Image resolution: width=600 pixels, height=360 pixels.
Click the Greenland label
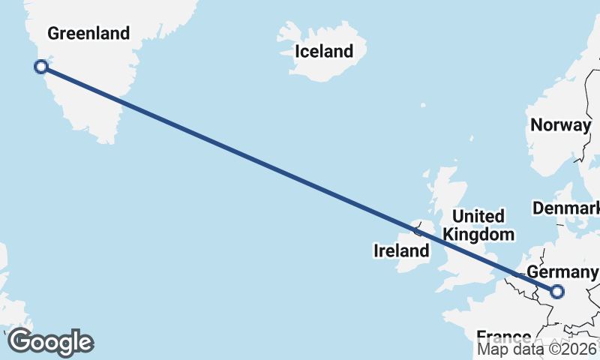(x=88, y=33)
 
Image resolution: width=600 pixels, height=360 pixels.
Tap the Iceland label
(x=324, y=52)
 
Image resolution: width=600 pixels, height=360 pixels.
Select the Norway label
(x=560, y=125)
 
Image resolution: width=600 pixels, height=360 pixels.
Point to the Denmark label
(x=567, y=207)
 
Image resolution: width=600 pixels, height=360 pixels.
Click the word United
(x=478, y=217)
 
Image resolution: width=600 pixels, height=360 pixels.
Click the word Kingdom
(x=478, y=234)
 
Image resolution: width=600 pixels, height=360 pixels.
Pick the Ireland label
(x=400, y=251)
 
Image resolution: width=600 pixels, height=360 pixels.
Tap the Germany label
(x=562, y=271)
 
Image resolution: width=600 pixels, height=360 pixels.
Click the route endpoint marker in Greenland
(x=41, y=67)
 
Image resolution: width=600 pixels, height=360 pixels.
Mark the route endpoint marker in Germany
(x=557, y=292)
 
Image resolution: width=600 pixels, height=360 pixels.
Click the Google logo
(x=50, y=342)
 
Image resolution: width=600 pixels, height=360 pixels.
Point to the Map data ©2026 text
(x=537, y=349)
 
